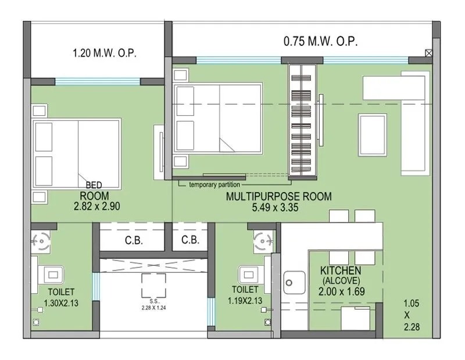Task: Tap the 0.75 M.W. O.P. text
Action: (x=320, y=41)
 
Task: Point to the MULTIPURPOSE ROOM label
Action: (x=279, y=197)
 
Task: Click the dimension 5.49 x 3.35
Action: (x=278, y=207)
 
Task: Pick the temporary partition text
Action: (x=214, y=185)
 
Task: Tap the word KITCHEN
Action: (x=341, y=270)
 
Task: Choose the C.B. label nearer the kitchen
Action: (x=190, y=240)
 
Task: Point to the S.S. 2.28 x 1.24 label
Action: (x=154, y=305)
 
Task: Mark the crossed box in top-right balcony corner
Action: (x=428, y=53)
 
